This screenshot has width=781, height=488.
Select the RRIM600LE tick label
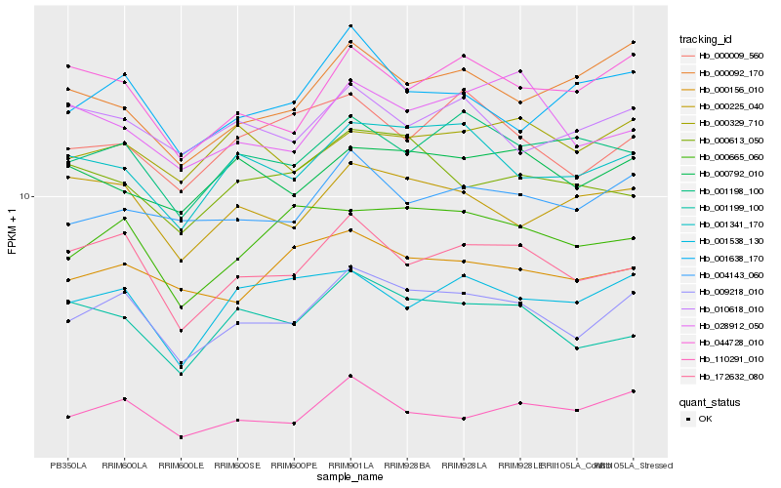[181, 465]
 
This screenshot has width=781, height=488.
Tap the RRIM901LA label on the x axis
[350, 465]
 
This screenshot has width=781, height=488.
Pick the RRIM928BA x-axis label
[407, 465]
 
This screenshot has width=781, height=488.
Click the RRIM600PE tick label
[294, 465]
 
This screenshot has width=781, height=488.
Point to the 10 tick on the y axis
[27, 196]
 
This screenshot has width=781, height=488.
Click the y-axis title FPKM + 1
[13, 231]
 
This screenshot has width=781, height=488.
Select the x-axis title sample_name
[350, 477]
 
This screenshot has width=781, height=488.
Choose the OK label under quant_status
[705, 418]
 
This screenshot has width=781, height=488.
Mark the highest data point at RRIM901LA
[350, 25]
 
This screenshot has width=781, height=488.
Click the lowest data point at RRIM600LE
[181, 436]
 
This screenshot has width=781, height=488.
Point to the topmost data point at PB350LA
[67, 65]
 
